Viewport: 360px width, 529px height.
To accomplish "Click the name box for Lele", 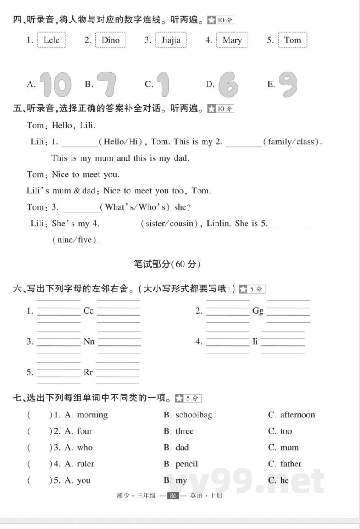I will pyautogui.click(x=52, y=40).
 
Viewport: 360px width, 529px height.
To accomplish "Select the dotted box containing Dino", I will pyautogui.click(x=110, y=40).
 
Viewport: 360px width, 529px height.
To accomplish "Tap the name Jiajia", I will pyautogui.click(x=171, y=40).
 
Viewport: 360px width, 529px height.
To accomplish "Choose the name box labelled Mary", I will pyautogui.click(x=232, y=40).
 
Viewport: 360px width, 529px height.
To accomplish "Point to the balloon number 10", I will pyautogui.click(x=55, y=84).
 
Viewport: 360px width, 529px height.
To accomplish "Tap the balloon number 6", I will pyautogui.click(x=228, y=84).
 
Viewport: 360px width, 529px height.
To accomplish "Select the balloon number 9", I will pyautogui.click(x=288, y=84).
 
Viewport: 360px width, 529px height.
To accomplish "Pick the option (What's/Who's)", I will pyautogui.click(x=135, y=207).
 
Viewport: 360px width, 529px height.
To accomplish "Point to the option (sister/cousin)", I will pyautogui.click(x=172, y=224).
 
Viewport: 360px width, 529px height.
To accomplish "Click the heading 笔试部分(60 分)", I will pyautogui.click(x=167, y=264).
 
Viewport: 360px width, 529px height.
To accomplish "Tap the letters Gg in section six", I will pyautogui.click(x=258, y=311).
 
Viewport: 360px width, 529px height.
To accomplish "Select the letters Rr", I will pyautogui.click(x=88, y=372).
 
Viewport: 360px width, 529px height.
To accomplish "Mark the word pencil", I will pyautogui.click(x=187, y=464).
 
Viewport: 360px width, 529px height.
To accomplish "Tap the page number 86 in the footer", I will pyautogui.click(x=173, y=496).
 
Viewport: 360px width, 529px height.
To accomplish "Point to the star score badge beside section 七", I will pyautogui.click(x=188, y=398).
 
